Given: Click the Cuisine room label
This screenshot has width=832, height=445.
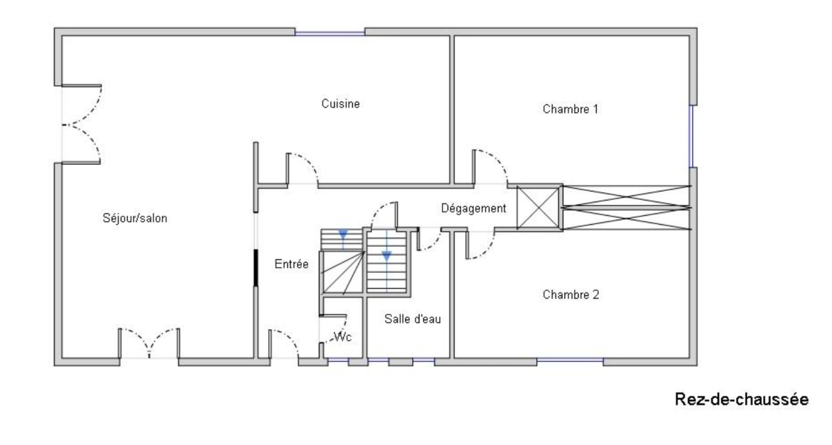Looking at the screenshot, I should [340, 104].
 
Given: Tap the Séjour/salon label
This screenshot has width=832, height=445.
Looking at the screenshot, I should [135, 218].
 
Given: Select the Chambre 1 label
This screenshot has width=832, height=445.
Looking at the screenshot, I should [570, 109].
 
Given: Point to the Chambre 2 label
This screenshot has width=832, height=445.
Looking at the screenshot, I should [570, 295].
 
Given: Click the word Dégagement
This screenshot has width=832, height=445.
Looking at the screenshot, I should [473, 208].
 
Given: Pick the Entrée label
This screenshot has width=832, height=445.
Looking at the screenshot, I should [291, 264].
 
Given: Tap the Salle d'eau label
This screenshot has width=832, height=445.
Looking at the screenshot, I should [412, 319].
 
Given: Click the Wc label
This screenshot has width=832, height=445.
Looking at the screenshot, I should [342, 337].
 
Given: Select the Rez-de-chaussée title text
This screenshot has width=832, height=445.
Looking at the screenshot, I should [741, 399].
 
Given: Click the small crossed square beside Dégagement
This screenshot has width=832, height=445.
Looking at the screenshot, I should [538, 208].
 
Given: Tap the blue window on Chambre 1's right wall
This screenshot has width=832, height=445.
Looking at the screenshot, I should [692, 136].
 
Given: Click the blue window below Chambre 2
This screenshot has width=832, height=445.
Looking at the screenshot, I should [570, 361].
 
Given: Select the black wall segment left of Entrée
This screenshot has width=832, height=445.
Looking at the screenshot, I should [256, 267].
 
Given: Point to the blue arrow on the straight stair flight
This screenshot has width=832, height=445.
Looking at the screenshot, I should [386, 256].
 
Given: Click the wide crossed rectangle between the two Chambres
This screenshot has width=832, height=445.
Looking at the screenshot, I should [626, 208].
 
